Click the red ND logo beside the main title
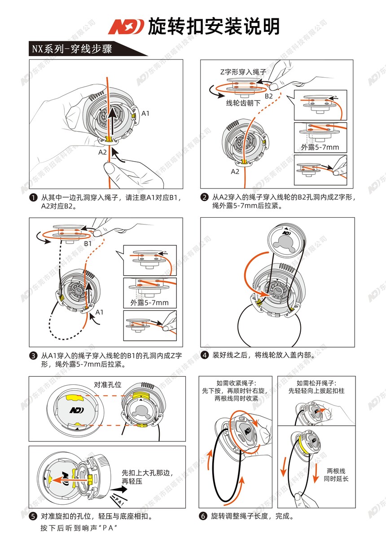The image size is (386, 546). [125, 26]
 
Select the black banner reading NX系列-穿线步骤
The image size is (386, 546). [72, 48]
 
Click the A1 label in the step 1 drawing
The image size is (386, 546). [146, 113]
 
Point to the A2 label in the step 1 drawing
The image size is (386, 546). [103, 152]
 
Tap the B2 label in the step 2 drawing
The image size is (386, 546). [268, 96]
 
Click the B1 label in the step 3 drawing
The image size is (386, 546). [88, 243]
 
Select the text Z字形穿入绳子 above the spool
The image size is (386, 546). [243, 71]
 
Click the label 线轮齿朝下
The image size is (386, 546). [243, 103]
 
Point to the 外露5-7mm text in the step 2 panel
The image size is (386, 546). [320, 147]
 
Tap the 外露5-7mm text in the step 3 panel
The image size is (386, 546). [149, 302]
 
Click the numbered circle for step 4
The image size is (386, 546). [205, 355]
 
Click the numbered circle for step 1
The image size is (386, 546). [33, 197]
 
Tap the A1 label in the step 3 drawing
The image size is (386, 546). [100, 312]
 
